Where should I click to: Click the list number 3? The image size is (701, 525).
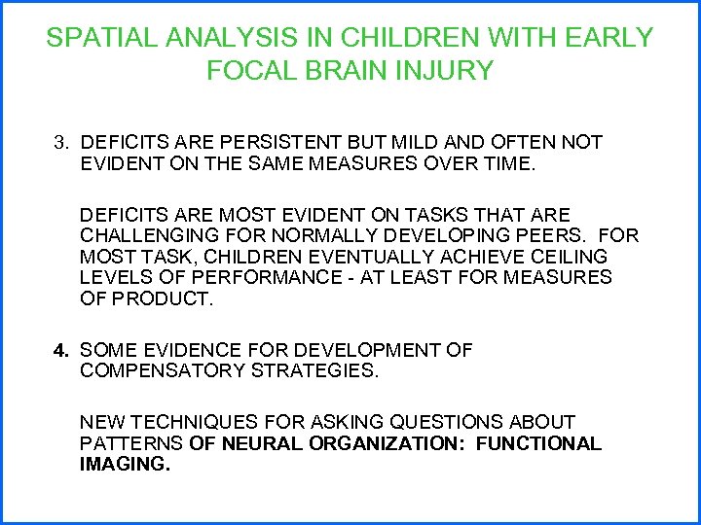pyautogui.click(x=60, y=143)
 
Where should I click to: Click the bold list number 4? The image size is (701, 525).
pyautogui.click(x=60, y=350)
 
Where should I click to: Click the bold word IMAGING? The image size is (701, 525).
pyautogui.click(x=124, y=466)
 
